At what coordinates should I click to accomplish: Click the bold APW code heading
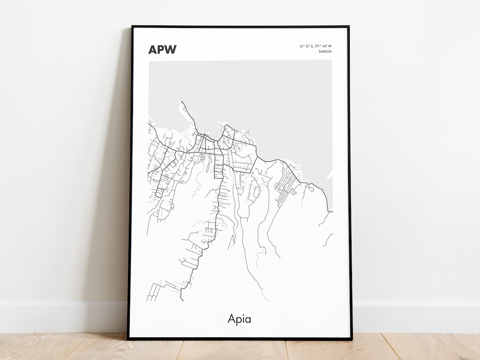(x=162, y=49)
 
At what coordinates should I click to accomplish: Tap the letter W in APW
(x=170, y=49)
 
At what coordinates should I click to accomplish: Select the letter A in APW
(x=152, y=49)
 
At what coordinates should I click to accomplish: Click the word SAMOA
(x=325, y=52)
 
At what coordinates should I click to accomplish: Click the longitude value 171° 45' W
(x=322, y=46)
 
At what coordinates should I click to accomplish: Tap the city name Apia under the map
(x=239, y=319)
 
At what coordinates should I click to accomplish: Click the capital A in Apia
(x=232, y=319)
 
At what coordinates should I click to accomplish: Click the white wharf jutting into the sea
(x=329, y=175)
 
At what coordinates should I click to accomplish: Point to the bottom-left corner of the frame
(x=128, y=339)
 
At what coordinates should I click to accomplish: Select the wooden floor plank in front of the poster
(x=240, y=349)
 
